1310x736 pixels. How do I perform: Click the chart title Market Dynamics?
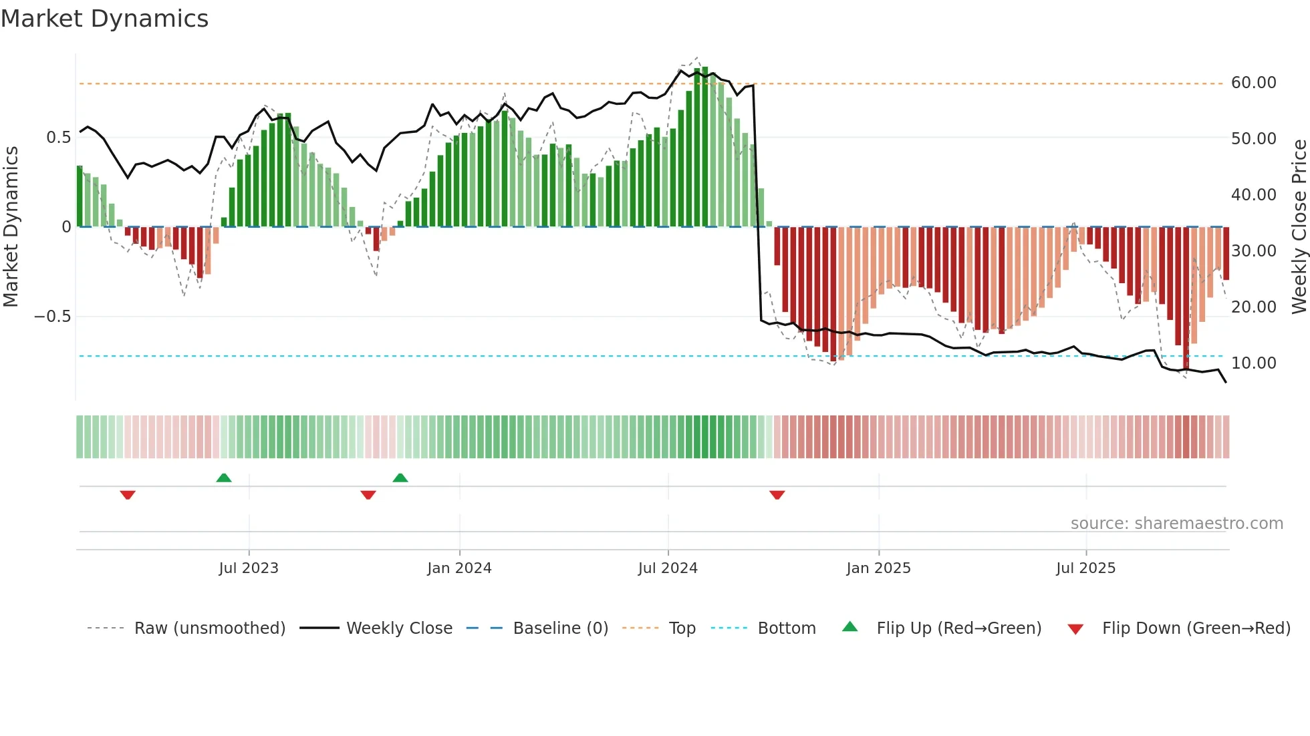pyautogui.click(x=104, y=19)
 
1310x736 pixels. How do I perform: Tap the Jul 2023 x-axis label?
pyautogui.click(x=249, y=568)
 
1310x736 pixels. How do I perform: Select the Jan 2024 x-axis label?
pyautogui.click(x=459, y=568)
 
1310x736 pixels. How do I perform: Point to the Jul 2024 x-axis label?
pyautogui.click(x=668, y=568)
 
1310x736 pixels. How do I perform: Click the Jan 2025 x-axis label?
pyautogui.click(x=878, y=568)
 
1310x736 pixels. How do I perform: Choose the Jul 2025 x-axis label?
pyautogui.click(x=1086, y=568)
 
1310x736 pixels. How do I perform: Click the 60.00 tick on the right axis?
pyautogui.click(x=1253, y=83)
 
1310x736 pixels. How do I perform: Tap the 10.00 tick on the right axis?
pyautogui.click(x=1253, y=363)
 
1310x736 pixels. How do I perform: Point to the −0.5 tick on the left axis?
pyautogui.click(x=52, y=317)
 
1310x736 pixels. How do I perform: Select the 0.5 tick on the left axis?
pyautogui.click(x=58, y=138)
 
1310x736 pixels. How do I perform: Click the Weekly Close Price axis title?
pyautogui.click(x=1299, y=227)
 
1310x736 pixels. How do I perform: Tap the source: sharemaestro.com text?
pyautogui.click(x=1176, y=524)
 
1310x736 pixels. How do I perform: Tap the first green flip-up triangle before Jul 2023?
pyautogui.click(x=224, y=478)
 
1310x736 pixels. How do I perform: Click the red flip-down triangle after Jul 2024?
pyautogui.click(x=777, y=495)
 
